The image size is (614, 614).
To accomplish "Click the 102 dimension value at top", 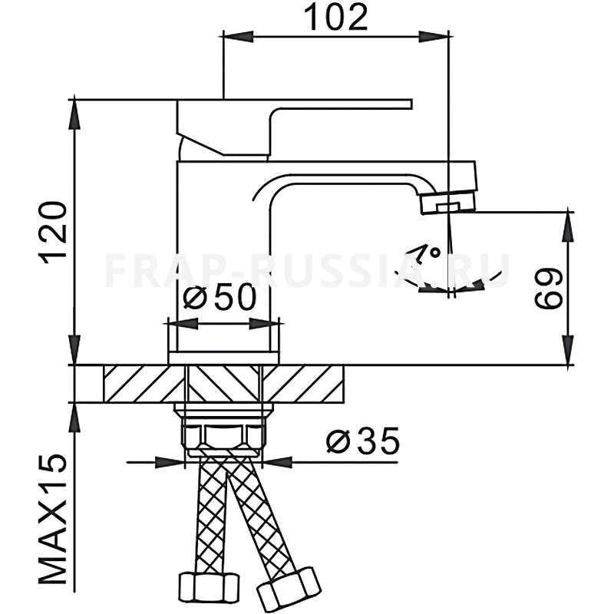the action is [335, 17].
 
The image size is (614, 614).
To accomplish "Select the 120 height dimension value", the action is [53, 233].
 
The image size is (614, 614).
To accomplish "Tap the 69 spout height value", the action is [548, 289].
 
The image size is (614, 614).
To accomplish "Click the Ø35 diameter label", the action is [362, 440].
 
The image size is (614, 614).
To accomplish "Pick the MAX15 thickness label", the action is [53, 520].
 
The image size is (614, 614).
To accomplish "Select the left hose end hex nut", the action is [209, 586].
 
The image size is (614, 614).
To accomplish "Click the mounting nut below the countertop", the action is [223, 432].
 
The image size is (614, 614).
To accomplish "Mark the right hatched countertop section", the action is [302, 384].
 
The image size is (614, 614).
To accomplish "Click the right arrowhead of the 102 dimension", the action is [434, 37].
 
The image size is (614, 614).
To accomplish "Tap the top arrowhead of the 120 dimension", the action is [74, 114].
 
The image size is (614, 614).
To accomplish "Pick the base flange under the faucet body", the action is [223, 358].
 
